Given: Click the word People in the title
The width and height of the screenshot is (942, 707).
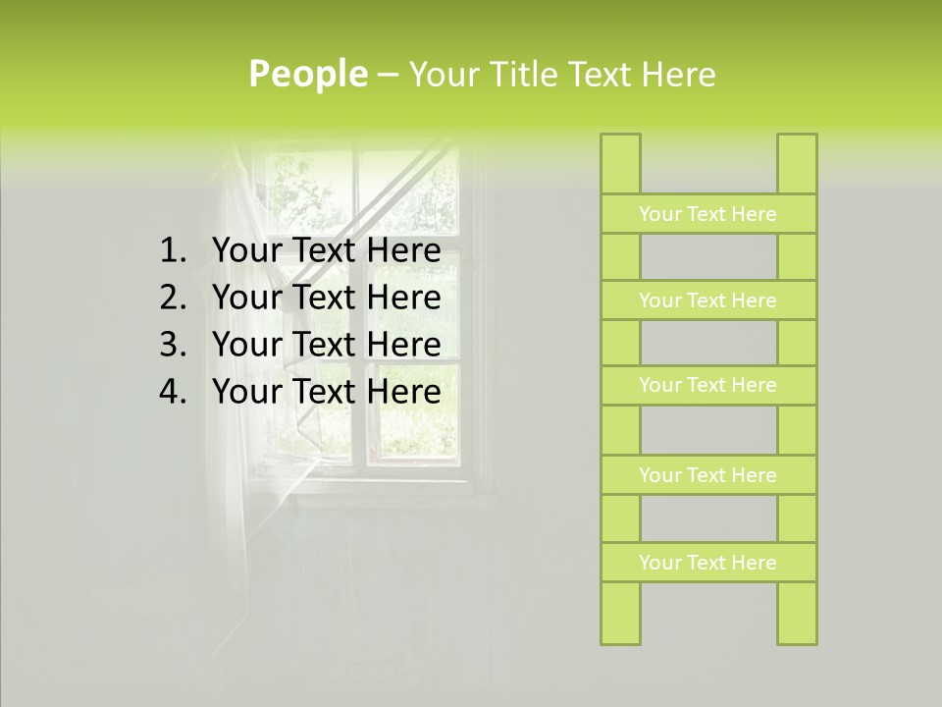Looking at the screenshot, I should tap(307, 75).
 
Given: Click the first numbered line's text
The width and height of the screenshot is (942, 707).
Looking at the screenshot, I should tap(326, 251).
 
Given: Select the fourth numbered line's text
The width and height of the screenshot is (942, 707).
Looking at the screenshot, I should tap(326, 392).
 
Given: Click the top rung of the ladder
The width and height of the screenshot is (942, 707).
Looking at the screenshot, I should tap(707, 214).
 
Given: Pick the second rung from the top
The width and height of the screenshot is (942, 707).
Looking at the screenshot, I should tap(707, 300).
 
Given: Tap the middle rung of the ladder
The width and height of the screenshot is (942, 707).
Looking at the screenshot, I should tap(707, 385).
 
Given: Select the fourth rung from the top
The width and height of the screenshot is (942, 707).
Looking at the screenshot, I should tap(707, 475).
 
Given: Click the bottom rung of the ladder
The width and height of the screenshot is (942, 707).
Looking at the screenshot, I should tap(707, 563).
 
